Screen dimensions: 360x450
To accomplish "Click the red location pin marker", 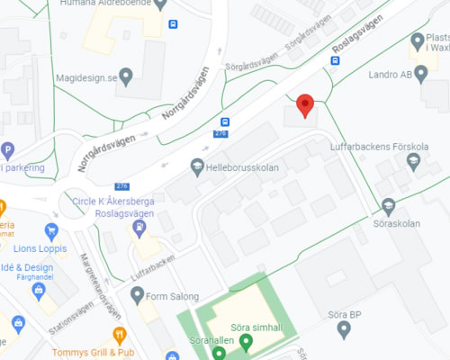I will pyautogui.click(x=305, y=104).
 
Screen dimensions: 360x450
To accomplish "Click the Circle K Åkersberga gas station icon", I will pyautogui.click(x=140, y=228).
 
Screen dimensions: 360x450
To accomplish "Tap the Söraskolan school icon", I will pyautogui.click(x=389, y=205).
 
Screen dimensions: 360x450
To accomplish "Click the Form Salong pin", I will pyautogui.click(x=138, y=294).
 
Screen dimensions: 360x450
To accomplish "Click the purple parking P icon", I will pyautogui.click(x=8, y=150).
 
